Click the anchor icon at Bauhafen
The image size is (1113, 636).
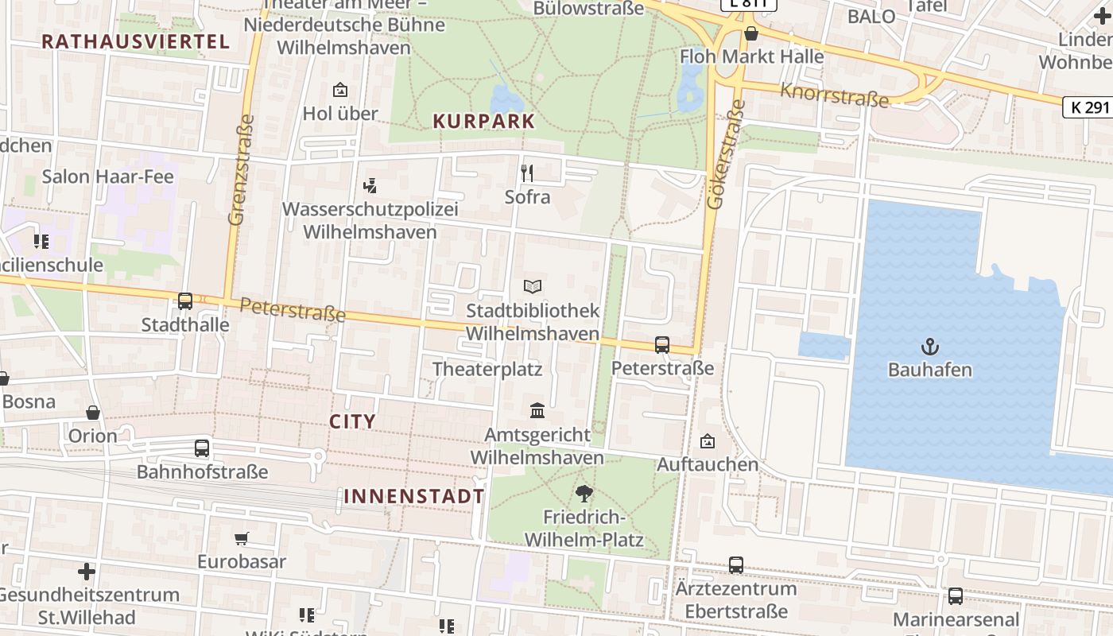(929, 346)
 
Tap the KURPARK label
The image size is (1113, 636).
(483, 122)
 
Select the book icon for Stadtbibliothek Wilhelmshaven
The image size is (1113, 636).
(533, 286)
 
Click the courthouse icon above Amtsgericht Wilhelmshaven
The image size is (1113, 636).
(537, 411)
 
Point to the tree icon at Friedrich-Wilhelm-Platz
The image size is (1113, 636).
(584, 494)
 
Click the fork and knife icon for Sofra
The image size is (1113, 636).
(526, 173)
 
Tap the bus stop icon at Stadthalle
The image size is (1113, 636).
(185, 301)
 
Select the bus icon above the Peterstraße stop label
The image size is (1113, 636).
(662, 345)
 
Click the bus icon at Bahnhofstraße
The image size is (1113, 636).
(202, 448)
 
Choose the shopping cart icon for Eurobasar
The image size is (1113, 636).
(242, 538)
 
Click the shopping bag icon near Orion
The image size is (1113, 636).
(93, 413)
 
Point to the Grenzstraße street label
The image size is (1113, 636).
(241, 170)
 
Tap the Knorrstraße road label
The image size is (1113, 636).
(834, 95)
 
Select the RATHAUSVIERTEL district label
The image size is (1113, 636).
(135, 42)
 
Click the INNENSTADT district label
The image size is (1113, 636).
(414, 497)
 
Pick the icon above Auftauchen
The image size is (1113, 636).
(708, 441)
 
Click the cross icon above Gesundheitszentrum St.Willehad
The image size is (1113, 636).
(87, 572)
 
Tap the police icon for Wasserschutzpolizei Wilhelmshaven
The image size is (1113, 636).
(369, 186)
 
